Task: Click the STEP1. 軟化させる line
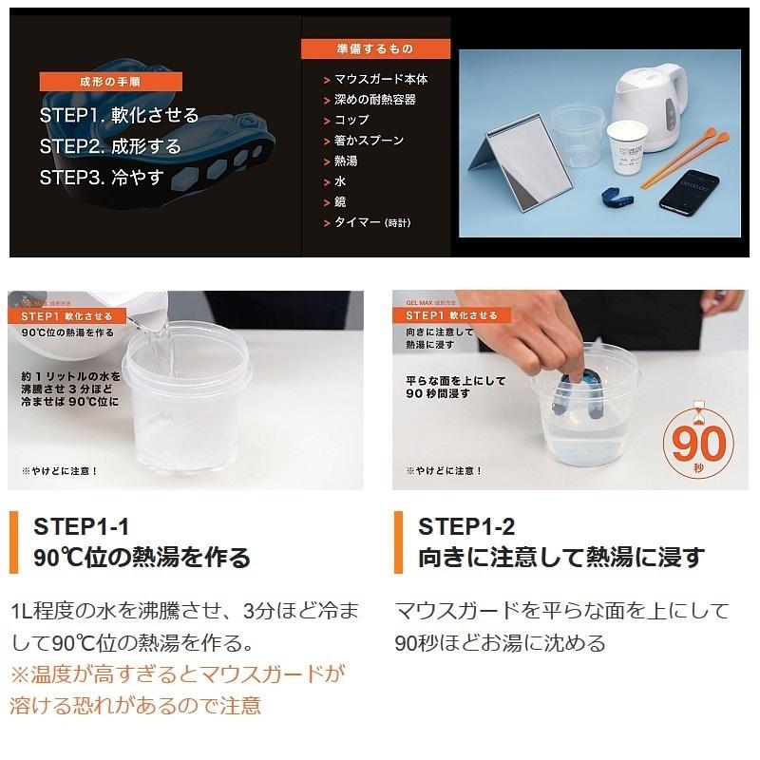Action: click(x=120, y=116)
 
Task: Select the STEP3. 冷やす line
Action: click(x=103, y=177)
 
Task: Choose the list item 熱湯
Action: click(x=346, y=161)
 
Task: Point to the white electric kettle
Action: click(x=652, y=104)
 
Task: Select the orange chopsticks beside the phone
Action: click(x=684, y=158)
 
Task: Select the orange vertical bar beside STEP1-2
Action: click(x=399, y=541)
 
